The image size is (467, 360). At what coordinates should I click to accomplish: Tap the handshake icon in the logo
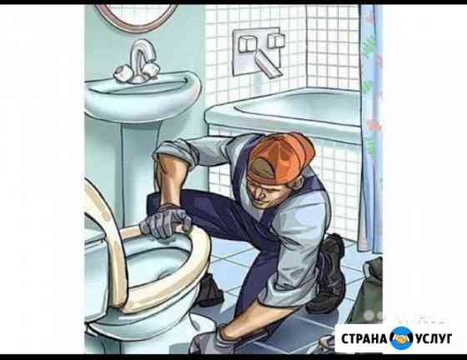[x=402, y=338]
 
